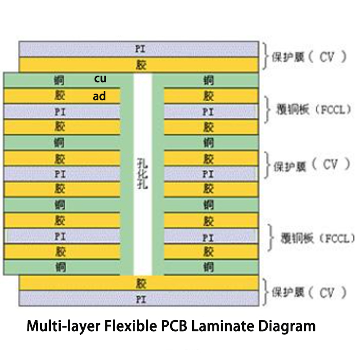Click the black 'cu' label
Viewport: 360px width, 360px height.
tap(100, 79)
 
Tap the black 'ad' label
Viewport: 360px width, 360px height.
tap(99, 96)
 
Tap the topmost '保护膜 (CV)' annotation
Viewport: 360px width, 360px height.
tap(310, 57)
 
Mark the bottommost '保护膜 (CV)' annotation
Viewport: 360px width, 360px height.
tap(310, 292)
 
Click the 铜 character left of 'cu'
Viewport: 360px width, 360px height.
tap(59, 81)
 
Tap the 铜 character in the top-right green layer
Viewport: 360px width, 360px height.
tap(208, 81)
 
